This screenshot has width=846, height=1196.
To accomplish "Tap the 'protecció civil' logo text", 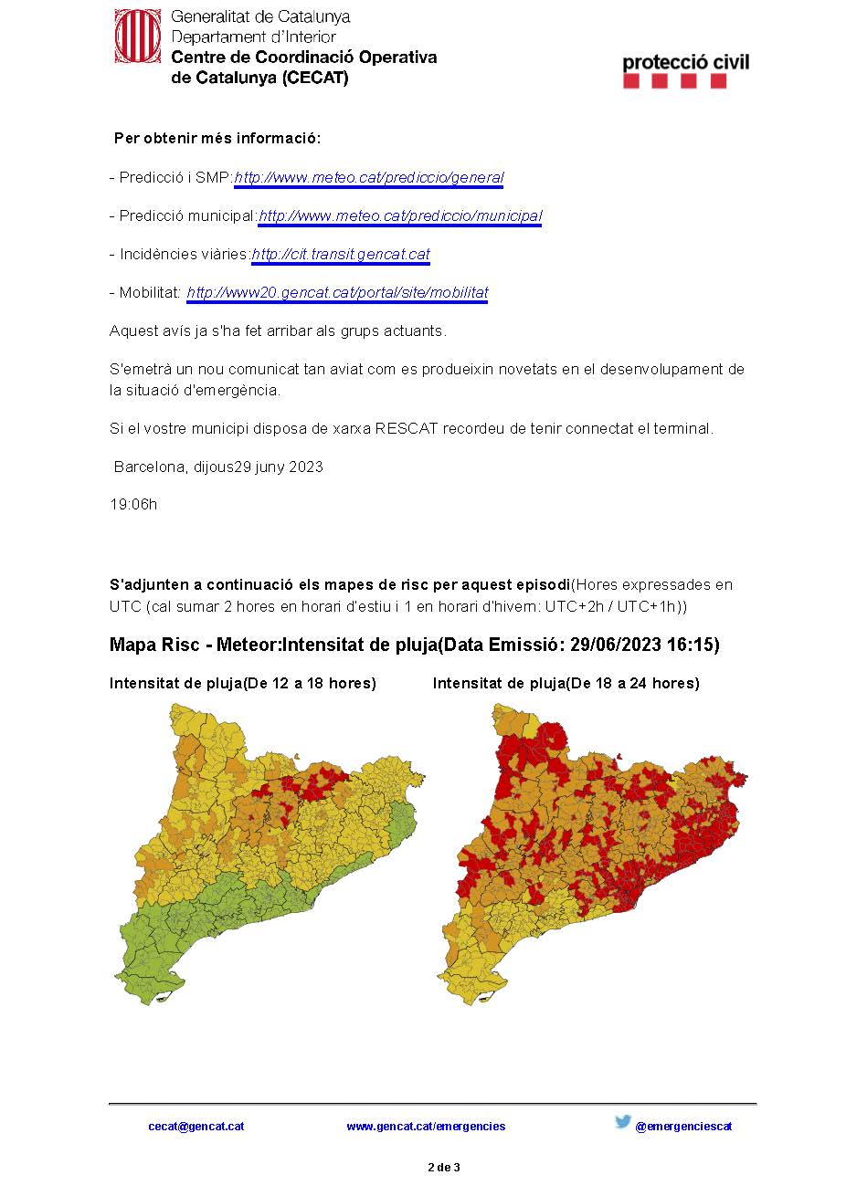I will pyautogui.click(x=685, y=62).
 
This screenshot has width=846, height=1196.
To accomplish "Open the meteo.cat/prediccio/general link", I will pyautogui.click(x=368, y=178).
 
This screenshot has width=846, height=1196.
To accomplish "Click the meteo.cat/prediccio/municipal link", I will pyautogui.click(x=400, y=216).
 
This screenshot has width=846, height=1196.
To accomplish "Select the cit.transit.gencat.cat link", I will pyautogui.click(x=340, y=255).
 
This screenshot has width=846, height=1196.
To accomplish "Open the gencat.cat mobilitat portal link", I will pyautogui.click(x=337, y=293).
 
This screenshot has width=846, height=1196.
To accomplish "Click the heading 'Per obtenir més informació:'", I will pyautogui.click(x=217, y=139).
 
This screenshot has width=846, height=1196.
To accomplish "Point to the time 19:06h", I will pyautogui.click(x=133, y=504).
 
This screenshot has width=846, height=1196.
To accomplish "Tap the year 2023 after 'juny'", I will pyautogui.click(x=306, y=467).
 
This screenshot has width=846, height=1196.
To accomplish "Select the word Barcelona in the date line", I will pyautogui.click(x=151, y=467).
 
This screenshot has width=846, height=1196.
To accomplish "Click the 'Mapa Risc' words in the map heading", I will pyautogui.click(x=153, y=645).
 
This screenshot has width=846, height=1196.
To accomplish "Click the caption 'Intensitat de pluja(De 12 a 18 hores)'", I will pyautogui.click(x=243, y=683).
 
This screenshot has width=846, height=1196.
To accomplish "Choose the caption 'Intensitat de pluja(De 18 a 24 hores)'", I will pyautogui.click(x=566, y=683).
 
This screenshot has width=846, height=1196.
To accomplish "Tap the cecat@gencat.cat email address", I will pyautogui.click(x=196, y=1127).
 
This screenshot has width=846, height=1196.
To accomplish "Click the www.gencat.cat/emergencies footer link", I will pyautogui.click(x=426, y=1127).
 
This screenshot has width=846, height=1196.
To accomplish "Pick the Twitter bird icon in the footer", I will pyautogui.click(x=623, y=1123).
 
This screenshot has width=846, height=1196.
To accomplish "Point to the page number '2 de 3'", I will pyautogui.click(x=444, y=1168).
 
